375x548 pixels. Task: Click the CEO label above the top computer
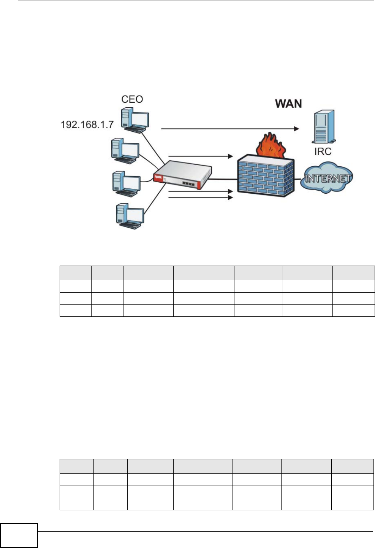[132, 99]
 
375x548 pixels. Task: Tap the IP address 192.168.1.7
[87, 124]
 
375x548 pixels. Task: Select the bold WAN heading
[288, 104]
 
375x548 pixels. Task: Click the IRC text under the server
[323, 151]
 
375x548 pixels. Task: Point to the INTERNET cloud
[327, 178]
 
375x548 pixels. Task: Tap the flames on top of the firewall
[271, 146]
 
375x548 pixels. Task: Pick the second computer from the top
[125, 151]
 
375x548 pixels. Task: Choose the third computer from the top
[126, 184]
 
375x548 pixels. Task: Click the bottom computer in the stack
[130, 215]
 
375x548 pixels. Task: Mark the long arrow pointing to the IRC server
[230, 129]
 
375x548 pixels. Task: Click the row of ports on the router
[189, 184]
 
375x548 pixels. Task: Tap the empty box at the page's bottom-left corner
[19, 535]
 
